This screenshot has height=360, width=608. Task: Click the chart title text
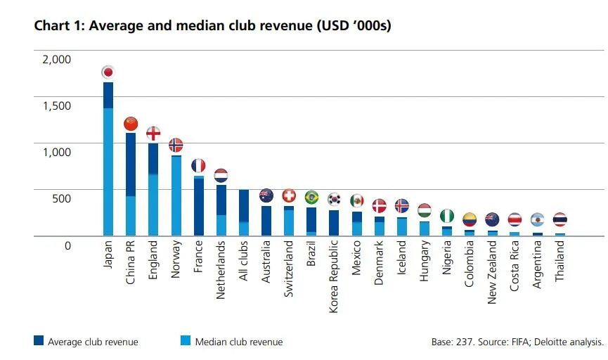tap(212, 26)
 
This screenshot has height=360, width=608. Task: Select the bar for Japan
tap(108, 158)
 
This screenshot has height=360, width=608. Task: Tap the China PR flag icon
tap(131, 124)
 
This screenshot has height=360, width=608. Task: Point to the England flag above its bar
tap(153, 133)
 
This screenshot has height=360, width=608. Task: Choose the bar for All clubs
tap(244, 212)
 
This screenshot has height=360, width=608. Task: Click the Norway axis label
tap(176, 261)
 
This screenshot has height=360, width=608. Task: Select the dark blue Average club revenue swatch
tap(39, 341)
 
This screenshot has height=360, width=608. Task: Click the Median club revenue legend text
tap(238, 342)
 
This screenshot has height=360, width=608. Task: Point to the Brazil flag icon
tap(311, 198)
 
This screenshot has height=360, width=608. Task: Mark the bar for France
tap(199, 206)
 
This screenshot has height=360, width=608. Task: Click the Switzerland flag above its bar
tap(289, 195)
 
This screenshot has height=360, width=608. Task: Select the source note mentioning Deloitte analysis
tap(517, 342)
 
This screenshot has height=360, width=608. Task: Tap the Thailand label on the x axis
tap(560, 262)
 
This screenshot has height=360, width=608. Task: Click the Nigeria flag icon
tap(447, 216)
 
